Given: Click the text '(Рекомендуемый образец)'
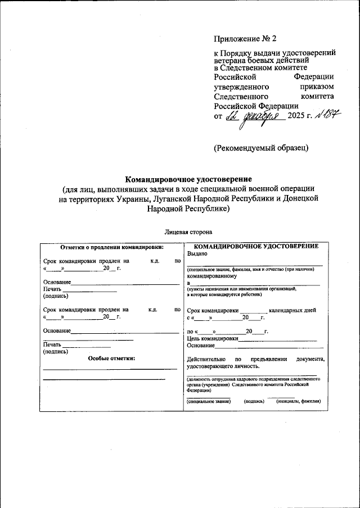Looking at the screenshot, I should (260, 148).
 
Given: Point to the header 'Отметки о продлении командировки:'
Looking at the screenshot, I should (111, 247).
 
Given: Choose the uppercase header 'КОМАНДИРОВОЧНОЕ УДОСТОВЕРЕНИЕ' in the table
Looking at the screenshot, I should (256, 247).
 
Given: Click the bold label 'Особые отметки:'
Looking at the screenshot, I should (111, 358).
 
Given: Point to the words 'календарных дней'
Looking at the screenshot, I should (292, 310).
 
